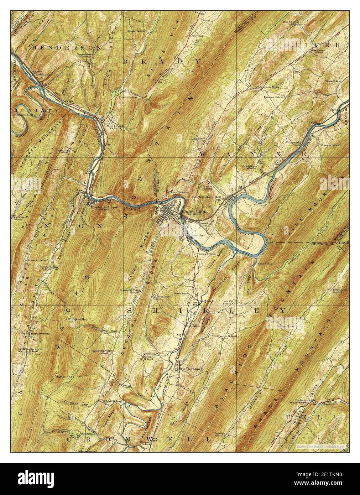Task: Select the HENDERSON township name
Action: (67, 47)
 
